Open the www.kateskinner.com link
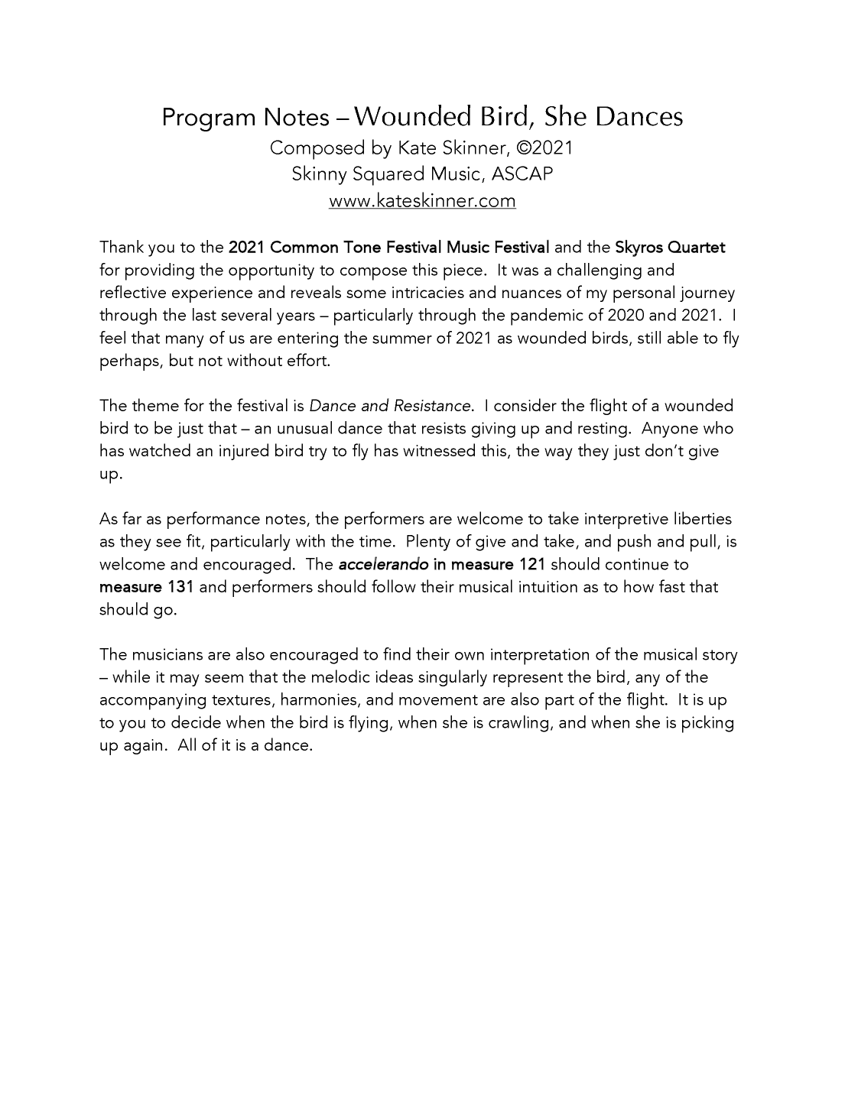tap(422, 201)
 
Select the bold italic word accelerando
tap(383, 564)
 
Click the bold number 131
tap(179, 587)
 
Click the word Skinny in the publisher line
tap(319, 174)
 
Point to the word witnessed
tap(439, 451)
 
